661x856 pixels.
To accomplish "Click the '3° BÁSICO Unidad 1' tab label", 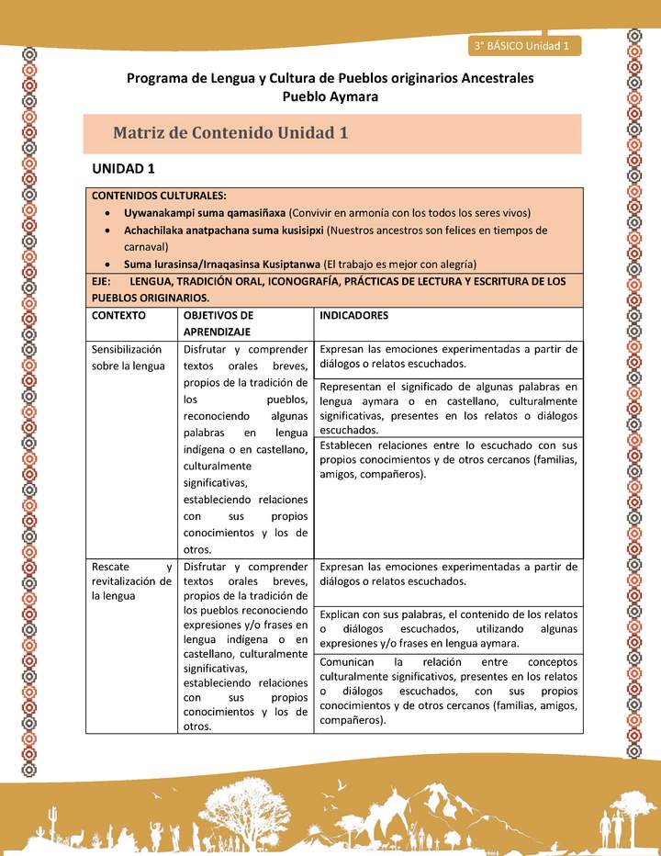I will pyautogui.click(x=522, y=45).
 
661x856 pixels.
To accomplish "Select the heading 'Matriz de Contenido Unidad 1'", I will pyautogui.click(x=230, y=132).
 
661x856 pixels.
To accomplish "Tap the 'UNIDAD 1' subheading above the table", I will pyautogui.click(x=124, y=169).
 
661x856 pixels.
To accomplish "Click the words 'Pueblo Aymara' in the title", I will pyautogui.click(x=330, y=96).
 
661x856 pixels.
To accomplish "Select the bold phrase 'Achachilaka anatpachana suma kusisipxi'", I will pyautogui.click(x=224, y=231).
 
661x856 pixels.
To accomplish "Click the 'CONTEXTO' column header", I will pyautogui.click(x=118, y=315).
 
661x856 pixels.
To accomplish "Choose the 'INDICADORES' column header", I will pyautogui.click(x=353, y=315).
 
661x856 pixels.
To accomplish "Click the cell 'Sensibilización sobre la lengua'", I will pyautogui.click(x=128, y=357).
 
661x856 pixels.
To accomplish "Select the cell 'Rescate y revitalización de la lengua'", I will pyautogui.click(x=130, y=580).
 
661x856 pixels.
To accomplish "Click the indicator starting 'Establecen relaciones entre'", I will pyautogui.click(x=449, y=459).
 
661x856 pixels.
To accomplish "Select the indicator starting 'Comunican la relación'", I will pyautogui.click(x=449, y=691).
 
